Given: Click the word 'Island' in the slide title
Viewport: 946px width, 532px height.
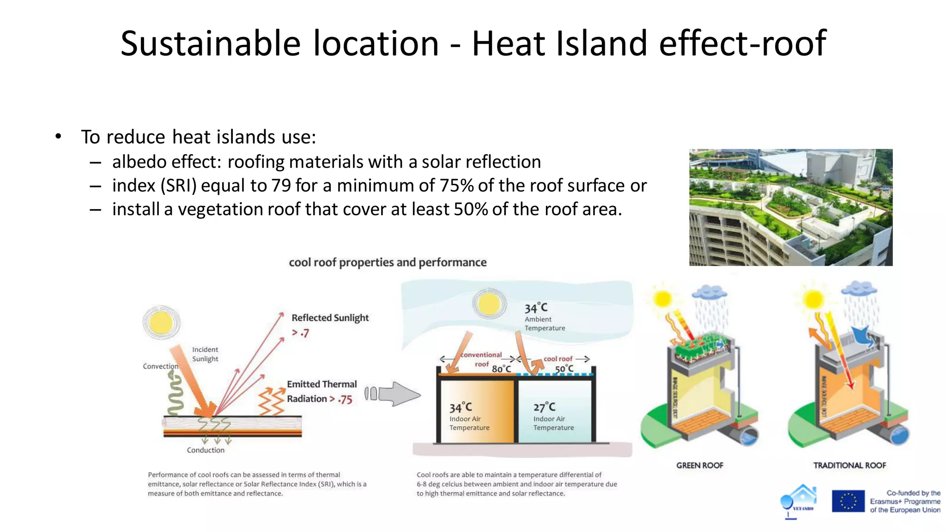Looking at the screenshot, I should (x=601, y=43).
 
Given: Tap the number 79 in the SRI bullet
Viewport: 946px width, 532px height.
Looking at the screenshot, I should (x=281, y=186).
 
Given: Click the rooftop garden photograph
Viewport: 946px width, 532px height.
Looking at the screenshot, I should (x=790, y=207).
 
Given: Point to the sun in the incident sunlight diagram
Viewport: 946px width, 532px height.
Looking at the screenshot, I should (x=161, y=322).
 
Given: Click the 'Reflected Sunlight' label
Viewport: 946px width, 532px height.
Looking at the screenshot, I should (x=330, y=318).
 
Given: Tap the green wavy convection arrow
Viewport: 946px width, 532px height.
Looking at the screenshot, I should (x=175, y=394).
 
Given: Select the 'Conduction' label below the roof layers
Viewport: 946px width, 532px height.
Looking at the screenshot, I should (x=206, y=450).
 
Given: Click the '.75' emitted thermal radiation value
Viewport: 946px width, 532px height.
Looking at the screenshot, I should (x=345, y=399).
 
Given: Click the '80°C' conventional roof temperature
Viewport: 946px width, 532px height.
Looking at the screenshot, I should (x=501, y=369).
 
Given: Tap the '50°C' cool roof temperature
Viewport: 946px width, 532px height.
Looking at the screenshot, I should (x=564, y=369).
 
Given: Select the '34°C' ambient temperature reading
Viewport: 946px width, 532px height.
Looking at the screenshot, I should (x=536, y=308).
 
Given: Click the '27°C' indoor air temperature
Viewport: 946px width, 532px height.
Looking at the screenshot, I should (x=544, y=407).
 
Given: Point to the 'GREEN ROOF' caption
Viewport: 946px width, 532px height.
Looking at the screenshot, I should (x=700, y=465).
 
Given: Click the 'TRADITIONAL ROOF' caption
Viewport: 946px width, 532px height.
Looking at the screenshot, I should (x=849, y=465).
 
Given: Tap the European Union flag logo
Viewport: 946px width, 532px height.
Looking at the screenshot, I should (x=848, y=501).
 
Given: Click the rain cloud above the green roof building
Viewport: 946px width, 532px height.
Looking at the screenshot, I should (x=709, y=292).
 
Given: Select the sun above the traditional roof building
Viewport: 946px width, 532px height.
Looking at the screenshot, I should (x=813, y=299).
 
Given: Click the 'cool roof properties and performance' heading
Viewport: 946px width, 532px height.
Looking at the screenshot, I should (x=388, y=262).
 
